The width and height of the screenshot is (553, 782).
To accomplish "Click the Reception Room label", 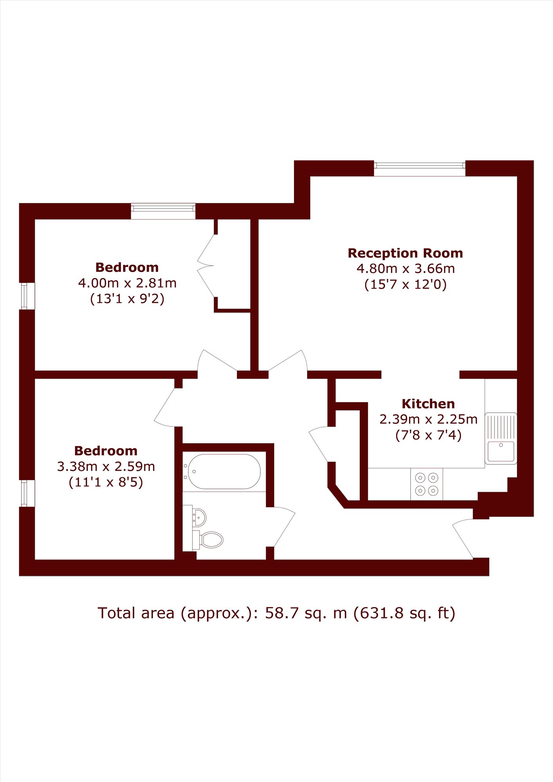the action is coord(405,253).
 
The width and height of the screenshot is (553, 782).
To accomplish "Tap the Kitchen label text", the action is coord(428,404).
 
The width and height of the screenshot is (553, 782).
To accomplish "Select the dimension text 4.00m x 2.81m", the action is coord(127,283).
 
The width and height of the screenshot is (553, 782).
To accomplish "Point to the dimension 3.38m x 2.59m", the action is coord(106,466).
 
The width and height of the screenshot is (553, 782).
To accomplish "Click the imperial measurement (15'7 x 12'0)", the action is coord(405,284).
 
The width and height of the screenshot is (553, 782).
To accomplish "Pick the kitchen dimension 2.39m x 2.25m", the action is coord(429,419).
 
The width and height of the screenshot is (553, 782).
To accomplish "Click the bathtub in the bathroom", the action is coord(224,471).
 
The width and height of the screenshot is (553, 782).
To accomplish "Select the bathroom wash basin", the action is coord(200,518).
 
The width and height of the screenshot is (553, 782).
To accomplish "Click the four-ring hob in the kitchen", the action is coord(427,484).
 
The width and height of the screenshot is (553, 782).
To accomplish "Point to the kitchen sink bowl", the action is coord(501,452).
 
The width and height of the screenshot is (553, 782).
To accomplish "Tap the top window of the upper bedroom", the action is coord(163,211).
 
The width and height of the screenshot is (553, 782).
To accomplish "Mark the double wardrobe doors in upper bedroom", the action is coord(206,266).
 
